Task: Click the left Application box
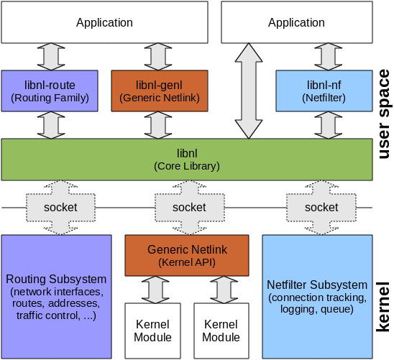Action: tap(104, 22)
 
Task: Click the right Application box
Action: tap(296, 22)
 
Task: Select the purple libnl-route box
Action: tap(50, 91)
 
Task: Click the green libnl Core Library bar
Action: tap(186, 160)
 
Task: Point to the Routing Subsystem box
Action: tap(57, 295)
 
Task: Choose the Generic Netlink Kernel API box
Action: tap(187, 256)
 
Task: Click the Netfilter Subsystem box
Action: tap(316, 295)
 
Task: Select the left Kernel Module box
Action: tap(153, 331)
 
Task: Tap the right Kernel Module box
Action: tap(221, 331)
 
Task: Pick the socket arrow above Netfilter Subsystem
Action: tap(321, 207)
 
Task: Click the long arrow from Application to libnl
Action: tap(249, 91)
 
